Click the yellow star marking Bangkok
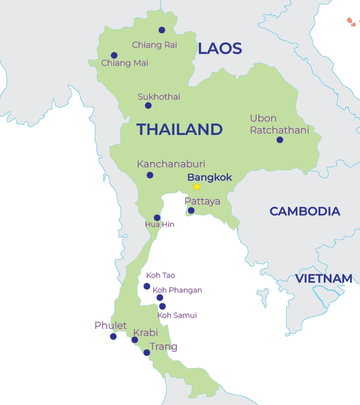(x=197, y=187)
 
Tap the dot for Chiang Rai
(x=162, y=30)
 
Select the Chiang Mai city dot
(x=114, y=55)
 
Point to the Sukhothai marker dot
(x=148, y=106)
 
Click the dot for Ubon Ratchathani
(x=280, y=140)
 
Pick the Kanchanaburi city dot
(x=150, y=175)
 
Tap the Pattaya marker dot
(x=191, y=211)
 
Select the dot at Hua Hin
(x=157, y=218)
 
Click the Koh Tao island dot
(x=147, y=286)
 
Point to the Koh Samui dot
(x=163, y=306)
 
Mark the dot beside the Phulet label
(x=113, y=336)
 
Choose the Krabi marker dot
(x=134, y=340)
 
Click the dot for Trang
(x=147, y=353)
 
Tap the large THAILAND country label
(x=180, y=130)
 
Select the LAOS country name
(x=220, y=49)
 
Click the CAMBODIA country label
(x=305, y=212)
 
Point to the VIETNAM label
(x=323, y=279)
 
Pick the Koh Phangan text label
(x=177, y=290)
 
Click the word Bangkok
(x=209, y=177)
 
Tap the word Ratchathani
(x=279, y=130)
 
